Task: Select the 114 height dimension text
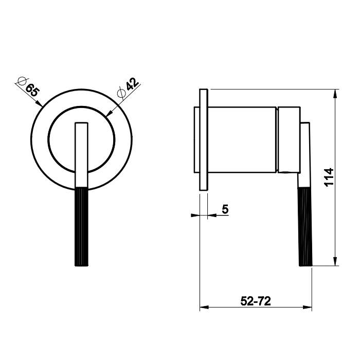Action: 329,177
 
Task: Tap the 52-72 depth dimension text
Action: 256,301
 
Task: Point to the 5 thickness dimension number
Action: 225,209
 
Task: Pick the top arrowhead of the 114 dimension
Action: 335,94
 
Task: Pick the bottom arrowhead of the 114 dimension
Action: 335,261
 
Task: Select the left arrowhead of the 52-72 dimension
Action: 204,307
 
